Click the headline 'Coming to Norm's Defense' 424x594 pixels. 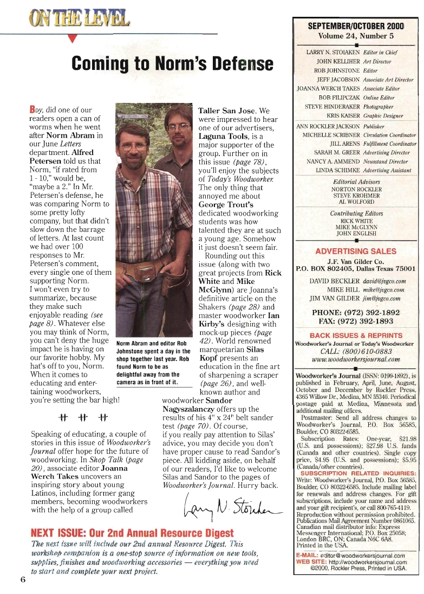pos(173,63)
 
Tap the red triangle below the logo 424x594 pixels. pos(74,38)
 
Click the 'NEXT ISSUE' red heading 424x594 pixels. pos(133,533)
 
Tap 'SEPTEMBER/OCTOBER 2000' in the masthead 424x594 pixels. pos(356,26)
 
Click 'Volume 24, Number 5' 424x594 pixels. pos(356,36)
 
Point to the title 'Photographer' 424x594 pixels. pos(379,107)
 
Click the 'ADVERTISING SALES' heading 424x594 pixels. pos(355,251)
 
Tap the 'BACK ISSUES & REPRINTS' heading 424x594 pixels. pos(356,335)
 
